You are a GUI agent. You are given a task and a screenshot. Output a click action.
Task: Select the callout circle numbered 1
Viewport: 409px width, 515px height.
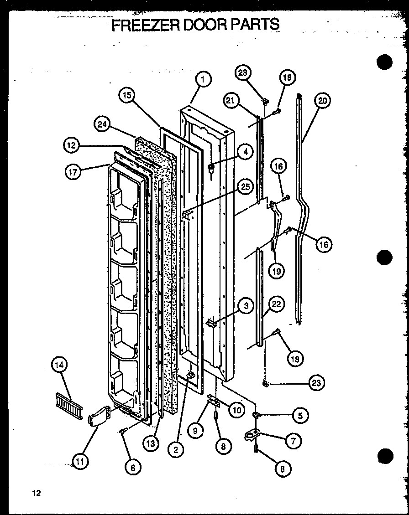click(204, 80)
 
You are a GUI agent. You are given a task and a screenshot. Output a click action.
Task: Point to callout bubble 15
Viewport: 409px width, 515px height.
click(127, 95)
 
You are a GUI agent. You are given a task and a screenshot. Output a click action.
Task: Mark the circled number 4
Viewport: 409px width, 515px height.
click(245, 152)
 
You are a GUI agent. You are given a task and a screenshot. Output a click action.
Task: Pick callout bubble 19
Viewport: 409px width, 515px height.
click(277, 271)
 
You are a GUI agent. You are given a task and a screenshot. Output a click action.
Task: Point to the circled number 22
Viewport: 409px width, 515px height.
click(277, 304)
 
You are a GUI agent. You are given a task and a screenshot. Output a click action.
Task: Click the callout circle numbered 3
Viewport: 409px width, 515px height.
click(246, 306)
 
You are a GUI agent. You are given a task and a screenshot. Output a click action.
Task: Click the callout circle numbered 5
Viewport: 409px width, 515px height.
click(300, 415)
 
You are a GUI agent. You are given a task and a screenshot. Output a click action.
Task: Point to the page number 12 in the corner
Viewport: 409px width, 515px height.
click(37, 493)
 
